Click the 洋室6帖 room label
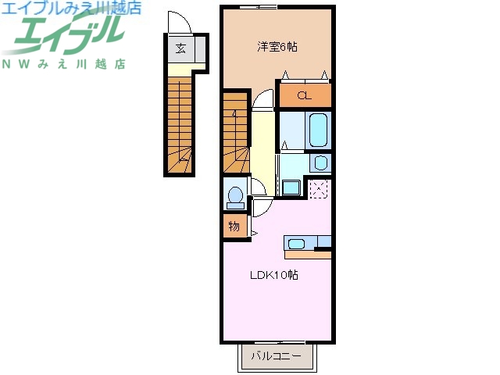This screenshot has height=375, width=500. tap(277, 48)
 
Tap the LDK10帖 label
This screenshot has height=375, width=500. tap(274, 275)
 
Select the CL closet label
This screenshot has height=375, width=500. tap(304, 97)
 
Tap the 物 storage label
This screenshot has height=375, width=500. tap(234, 227)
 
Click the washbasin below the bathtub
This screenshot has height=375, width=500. tap(320, 162)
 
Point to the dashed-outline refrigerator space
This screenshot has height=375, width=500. tap(319, 189)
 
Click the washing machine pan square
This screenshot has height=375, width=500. tap(291, 187)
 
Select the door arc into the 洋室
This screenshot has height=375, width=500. tap(263, 100)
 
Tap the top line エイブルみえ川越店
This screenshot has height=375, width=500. tap(70, 8)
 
